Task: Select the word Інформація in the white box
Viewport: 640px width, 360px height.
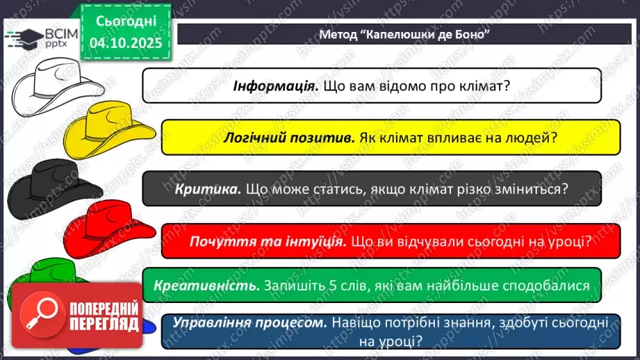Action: [x=275, y=86]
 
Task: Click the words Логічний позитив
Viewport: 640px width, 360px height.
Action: [x=289, y=137]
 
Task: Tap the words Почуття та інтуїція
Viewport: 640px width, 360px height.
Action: [x=268, y=241]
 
